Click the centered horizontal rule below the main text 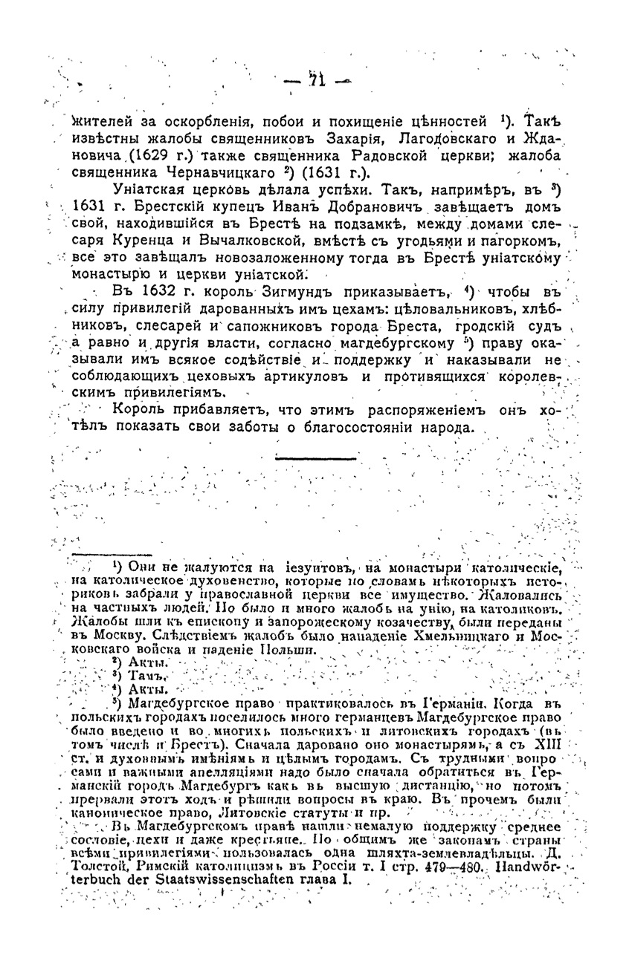point(315,458)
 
